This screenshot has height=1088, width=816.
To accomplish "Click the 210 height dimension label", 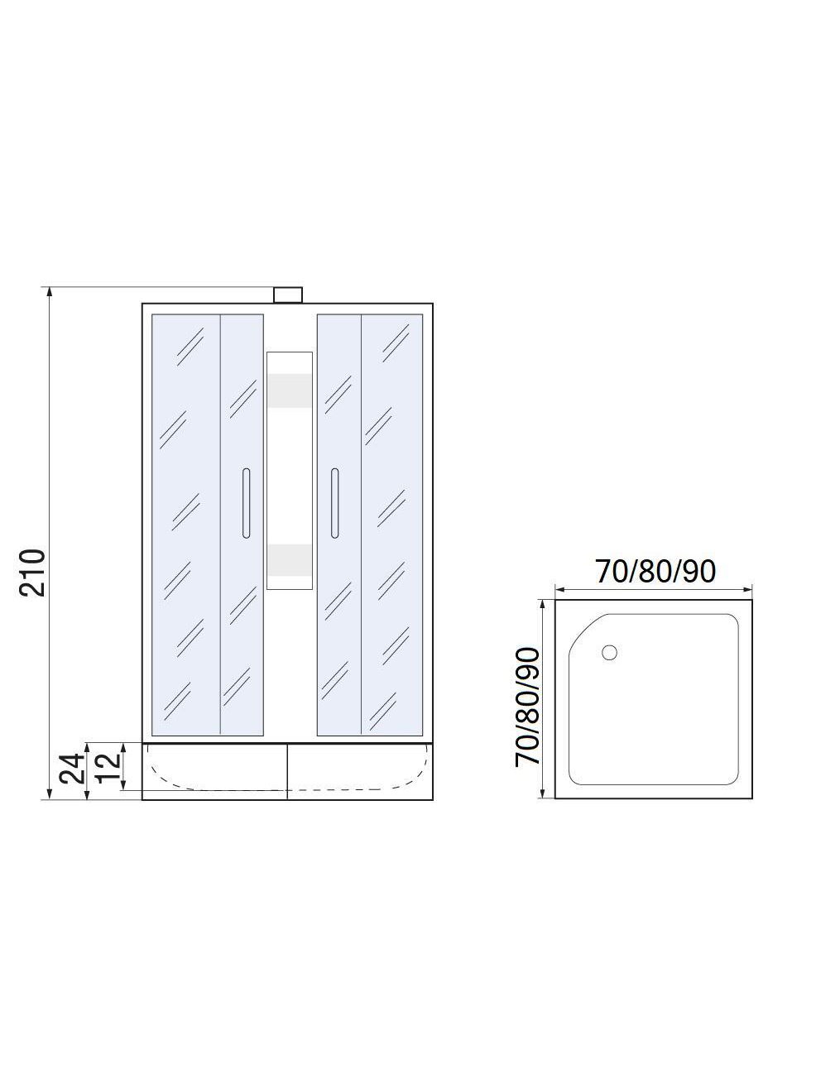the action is coord(33,573).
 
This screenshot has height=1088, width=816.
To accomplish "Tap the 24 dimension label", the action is coord(72,769).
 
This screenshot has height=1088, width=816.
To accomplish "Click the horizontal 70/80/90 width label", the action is coord(655,572).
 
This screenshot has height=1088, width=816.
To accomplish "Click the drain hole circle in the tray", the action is coord(609,652).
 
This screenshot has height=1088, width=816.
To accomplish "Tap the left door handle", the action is coord(247,502).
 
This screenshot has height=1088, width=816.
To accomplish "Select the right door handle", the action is coord(334,502).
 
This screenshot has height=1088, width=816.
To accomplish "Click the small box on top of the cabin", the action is coord(287,295).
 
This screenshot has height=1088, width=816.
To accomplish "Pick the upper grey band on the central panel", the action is coord(290,391).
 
